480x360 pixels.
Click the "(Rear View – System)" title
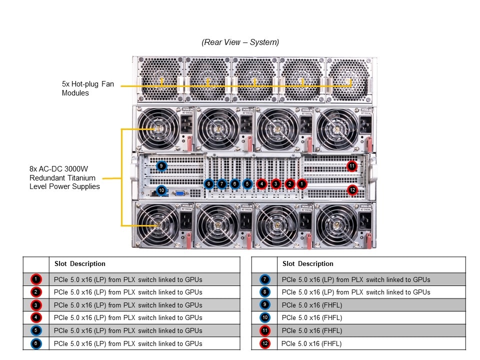240,42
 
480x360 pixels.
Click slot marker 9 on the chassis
161,166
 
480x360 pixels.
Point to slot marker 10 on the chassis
161,190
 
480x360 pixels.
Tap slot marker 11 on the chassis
352,166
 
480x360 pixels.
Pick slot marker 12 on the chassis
352,189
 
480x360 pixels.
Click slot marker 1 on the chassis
301,184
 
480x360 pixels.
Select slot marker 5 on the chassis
247,184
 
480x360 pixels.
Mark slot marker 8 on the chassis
209,184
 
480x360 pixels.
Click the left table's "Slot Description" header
80,264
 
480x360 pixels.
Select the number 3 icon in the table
36,304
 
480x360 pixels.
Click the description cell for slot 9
312,304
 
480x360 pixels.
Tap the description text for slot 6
128,343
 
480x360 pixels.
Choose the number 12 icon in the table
264,343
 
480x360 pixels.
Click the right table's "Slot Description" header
307,264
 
